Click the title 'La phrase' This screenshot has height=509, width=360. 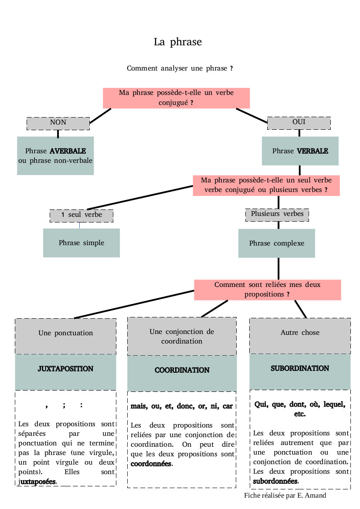coord(178,42)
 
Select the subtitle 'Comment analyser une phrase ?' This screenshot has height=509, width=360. coord(180,68)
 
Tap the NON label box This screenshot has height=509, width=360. coord(58,123)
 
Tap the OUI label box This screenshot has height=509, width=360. coord(299,123)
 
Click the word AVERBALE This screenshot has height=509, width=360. coord(68,151)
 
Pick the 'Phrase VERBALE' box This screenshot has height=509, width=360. coord(300,151)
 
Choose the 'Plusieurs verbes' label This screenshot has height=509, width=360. coord(277,214)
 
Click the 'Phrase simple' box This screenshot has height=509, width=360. coord(82,243)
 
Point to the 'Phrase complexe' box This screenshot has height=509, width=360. coord(276,243)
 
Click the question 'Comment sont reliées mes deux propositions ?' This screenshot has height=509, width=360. coord(267,290)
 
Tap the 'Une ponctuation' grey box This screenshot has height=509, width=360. coord(65,334)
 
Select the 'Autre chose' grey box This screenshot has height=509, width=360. coord(300,333)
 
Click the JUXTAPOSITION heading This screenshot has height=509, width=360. coord(65,369)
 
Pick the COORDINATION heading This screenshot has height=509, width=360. coord(182,370)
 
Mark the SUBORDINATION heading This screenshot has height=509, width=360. coord(300,368)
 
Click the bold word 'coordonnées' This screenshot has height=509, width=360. coord(151,464)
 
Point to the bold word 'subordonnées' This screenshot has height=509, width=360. coord(275,481)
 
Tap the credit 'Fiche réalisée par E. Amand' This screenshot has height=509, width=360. coord(285,496)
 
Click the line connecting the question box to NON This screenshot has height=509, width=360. coord(100,116)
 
